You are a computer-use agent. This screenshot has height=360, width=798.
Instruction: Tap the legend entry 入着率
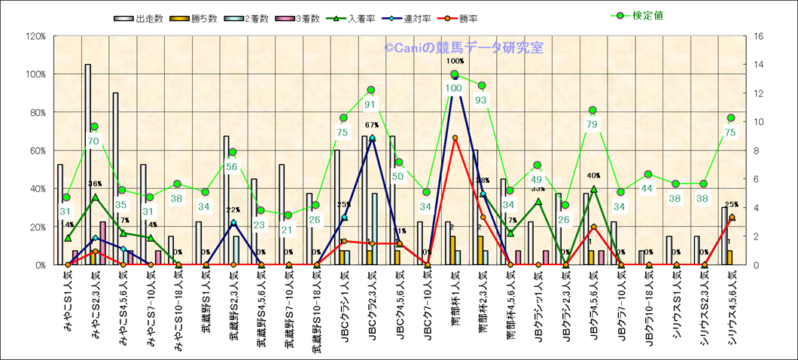tap(362, 17)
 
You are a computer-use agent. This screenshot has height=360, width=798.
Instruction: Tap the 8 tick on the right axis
tap(756, 151)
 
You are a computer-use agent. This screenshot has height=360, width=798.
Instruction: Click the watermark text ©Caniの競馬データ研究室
tap(464, 47)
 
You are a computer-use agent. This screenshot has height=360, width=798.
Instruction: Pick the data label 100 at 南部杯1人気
tap(453, 88)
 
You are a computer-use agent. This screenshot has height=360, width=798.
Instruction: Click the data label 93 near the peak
tap(481, 99)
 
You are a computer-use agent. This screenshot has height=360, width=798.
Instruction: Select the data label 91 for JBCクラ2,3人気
tap(370, 105)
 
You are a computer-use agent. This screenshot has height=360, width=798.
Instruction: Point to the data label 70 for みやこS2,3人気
tap(94, 141)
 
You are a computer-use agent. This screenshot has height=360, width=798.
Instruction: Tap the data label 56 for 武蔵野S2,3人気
tap(233, 166)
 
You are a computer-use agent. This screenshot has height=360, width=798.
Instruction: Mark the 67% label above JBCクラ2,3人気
tap(371, 125)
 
